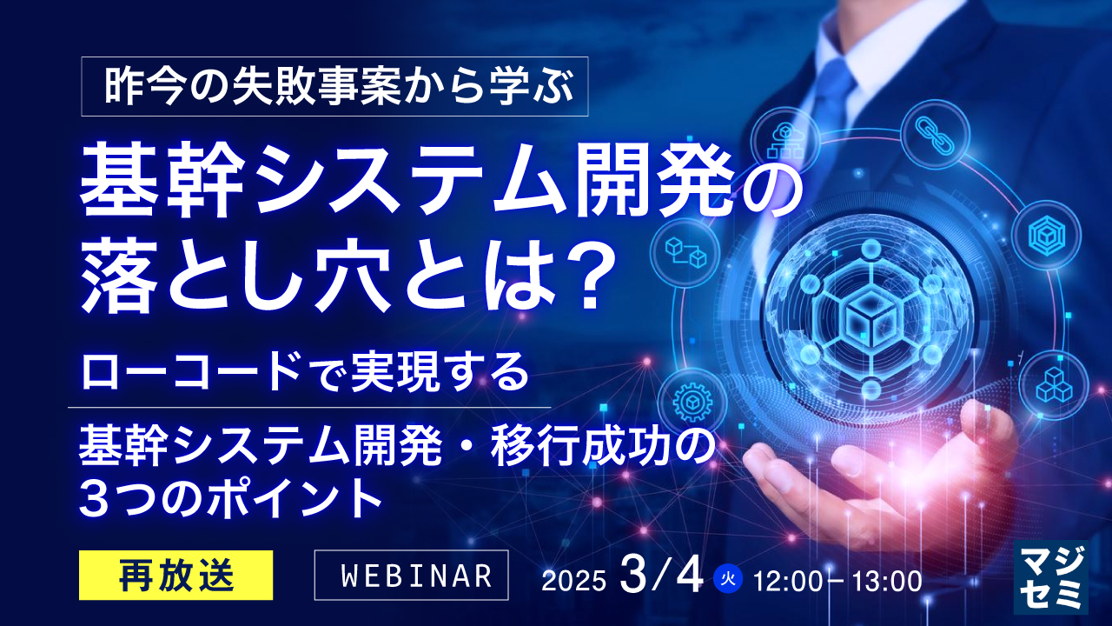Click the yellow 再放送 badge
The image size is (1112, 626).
pyautogui.click(x=176, y=575)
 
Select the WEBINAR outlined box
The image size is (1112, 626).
pyautogui.click(x=411, y=575)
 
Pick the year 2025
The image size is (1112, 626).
pyautogui.click(x=573, y=581)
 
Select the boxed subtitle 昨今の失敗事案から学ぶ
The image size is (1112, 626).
pyautogui.click(x=335, y=86)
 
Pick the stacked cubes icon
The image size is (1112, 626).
pyautogui.click(x=1053, y=383)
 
